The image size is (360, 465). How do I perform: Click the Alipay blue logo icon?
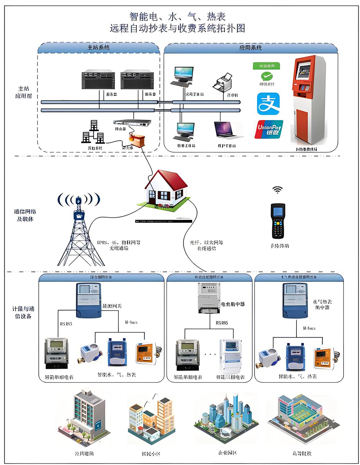268,104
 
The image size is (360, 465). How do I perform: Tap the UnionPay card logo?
269,129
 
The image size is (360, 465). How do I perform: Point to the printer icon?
223,83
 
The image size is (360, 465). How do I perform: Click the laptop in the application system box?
228,130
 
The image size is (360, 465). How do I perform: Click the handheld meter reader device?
278,220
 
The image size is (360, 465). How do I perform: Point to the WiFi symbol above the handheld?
278,190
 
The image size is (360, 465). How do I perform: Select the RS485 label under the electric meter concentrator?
222,323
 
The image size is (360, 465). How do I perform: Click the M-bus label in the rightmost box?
309,328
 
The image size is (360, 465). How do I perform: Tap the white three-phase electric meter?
230,356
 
